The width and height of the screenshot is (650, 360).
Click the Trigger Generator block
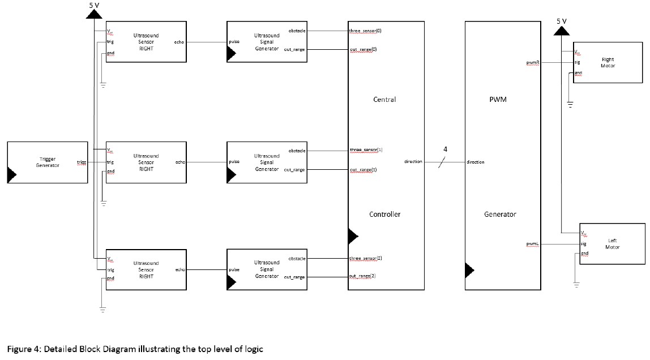[48, 162]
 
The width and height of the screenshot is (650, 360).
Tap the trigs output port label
[82, 162]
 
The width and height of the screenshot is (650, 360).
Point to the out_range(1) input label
[363, 169]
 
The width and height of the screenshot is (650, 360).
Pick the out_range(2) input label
[363, 276]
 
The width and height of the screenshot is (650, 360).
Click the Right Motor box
[608, 62]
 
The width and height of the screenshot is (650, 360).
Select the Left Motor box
[612, 244]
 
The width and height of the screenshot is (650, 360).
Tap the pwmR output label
[532, 63]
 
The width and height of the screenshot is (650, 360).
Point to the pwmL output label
[532, 244]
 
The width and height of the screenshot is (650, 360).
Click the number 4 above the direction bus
[445, 149]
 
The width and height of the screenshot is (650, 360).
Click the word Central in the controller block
[385, 100]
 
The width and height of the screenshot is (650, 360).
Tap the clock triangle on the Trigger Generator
[11, 175]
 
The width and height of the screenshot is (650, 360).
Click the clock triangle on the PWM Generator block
[469, 270]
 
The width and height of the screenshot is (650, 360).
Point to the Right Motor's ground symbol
[570, 104]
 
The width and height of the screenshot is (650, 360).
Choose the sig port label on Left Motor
[583, 244]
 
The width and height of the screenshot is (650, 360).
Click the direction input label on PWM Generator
[475, 162]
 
